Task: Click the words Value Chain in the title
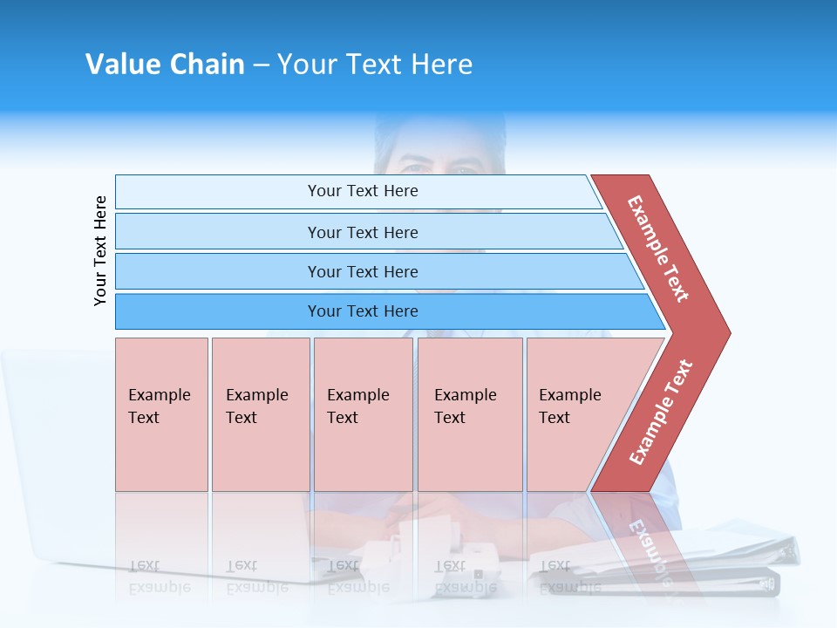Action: (165, 65)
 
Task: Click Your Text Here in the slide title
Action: (375, 65)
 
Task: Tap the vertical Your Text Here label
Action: (100, 250)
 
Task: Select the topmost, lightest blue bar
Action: (218, 192)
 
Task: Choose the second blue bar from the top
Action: (218, 232)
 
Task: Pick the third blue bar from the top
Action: (218, 271)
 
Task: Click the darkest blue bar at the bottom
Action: (218, 311)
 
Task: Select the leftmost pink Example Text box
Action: (161, 414)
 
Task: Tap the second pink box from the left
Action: (261, 414)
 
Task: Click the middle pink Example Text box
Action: (363, 414)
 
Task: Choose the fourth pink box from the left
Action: (470, 414)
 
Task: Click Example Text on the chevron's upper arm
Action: (658, 249)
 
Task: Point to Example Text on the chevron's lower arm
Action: (661, 413)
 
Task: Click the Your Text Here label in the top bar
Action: (363, 191)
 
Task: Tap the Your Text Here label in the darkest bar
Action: (363, 311)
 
